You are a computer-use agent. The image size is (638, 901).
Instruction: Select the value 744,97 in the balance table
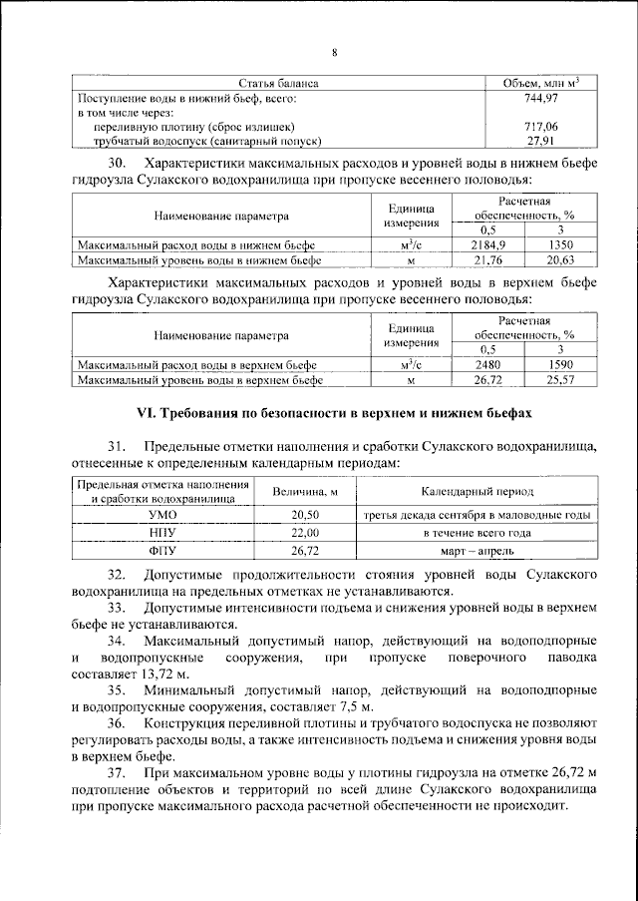(539, 98)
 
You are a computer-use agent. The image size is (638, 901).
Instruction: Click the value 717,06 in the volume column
(539, 127)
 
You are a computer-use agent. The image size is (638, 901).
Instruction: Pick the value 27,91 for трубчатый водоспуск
(539, 141)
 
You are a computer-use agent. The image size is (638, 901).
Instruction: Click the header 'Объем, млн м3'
(539, 83)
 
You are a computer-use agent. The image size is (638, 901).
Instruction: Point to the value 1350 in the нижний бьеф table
(561, 243)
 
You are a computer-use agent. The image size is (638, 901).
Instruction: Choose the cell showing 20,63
(561, 258)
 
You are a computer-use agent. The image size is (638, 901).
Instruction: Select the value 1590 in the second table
(561, 365)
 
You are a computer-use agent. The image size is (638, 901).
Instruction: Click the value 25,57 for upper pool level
(561, 380)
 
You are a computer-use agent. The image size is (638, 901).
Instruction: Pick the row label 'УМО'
(161, 514)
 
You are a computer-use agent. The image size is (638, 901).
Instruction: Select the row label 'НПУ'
(161, 532)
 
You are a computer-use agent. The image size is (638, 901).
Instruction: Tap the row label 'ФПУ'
(161, 550)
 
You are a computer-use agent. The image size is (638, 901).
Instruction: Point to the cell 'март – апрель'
(477, 550)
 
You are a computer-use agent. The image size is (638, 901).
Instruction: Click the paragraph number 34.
(118, 639)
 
